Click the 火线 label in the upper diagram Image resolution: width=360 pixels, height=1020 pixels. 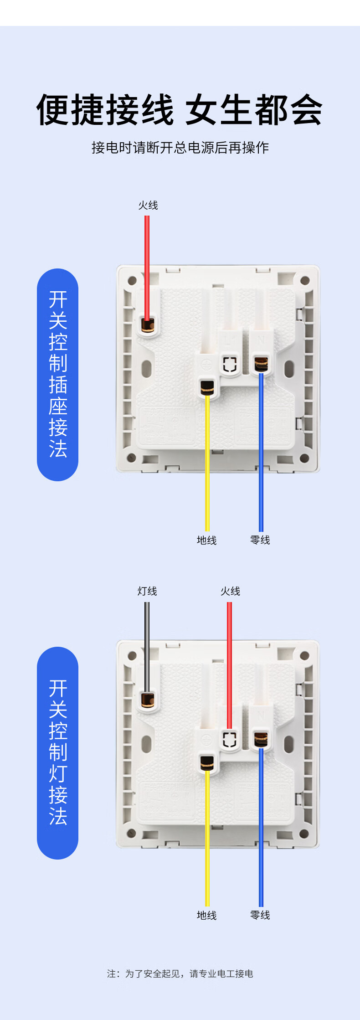(x=148, y=206)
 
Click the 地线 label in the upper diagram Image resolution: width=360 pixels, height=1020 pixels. (x=206, y=540)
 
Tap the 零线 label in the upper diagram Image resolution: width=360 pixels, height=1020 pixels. (x=260, y=540)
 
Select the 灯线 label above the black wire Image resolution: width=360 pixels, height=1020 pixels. (x=147, y=591)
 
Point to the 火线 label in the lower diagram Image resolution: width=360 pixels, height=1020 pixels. (x=230, y=591)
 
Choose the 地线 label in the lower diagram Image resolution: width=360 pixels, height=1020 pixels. (x=206, y=915)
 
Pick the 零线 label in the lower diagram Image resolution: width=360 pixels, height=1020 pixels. (x=260, y=915)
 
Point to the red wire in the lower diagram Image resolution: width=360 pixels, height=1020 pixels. (x=230, y=661)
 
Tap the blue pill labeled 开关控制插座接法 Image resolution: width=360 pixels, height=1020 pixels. (x=57, y=375)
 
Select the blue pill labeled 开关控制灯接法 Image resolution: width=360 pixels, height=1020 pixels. (x=57, y=753)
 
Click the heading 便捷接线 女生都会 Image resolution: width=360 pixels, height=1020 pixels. (x=180, y=110)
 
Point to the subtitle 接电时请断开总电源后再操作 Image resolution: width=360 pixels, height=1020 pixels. (x=180, y=148)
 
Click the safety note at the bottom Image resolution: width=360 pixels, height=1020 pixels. (x=180, y=974)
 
